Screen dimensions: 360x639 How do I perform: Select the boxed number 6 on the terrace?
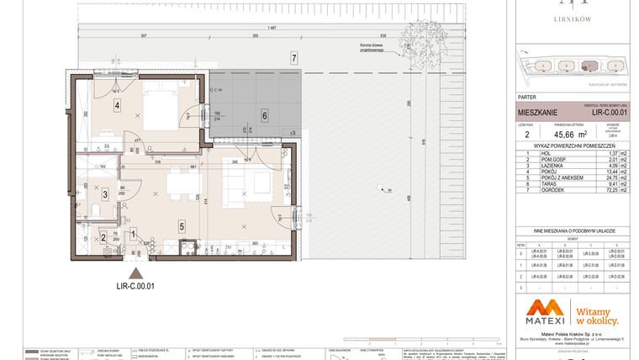pyautogui.click(x=264, y=116)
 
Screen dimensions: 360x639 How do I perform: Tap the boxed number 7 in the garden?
pyautogui.click(x=293, y=58)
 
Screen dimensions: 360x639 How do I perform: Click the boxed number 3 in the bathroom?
pyautogui.click(x=104, y=194)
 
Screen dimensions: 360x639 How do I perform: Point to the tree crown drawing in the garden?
pyautogui.click(x=417, y=39)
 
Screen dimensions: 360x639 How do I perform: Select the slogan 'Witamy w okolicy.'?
pyautogui.click(x=596, y=315)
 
